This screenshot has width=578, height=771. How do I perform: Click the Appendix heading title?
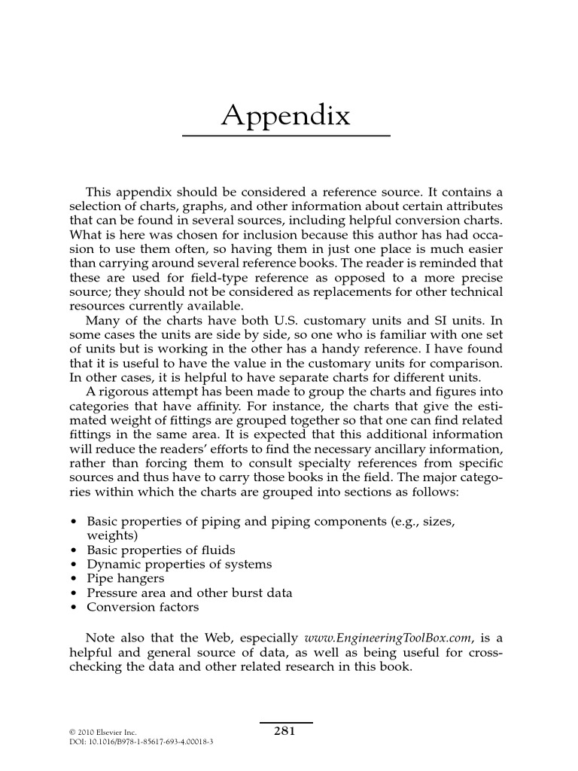coord(286,116)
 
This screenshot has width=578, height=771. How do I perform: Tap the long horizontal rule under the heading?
coord(286,136)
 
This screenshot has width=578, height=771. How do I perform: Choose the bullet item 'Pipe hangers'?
coord(126,578)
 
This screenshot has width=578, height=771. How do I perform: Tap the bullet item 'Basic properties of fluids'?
coord(161,550)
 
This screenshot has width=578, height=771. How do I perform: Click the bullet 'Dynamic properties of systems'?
coord(179,564)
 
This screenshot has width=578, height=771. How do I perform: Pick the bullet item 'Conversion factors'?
coord(143,607)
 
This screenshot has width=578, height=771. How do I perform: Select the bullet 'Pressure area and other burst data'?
coord(190,593)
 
